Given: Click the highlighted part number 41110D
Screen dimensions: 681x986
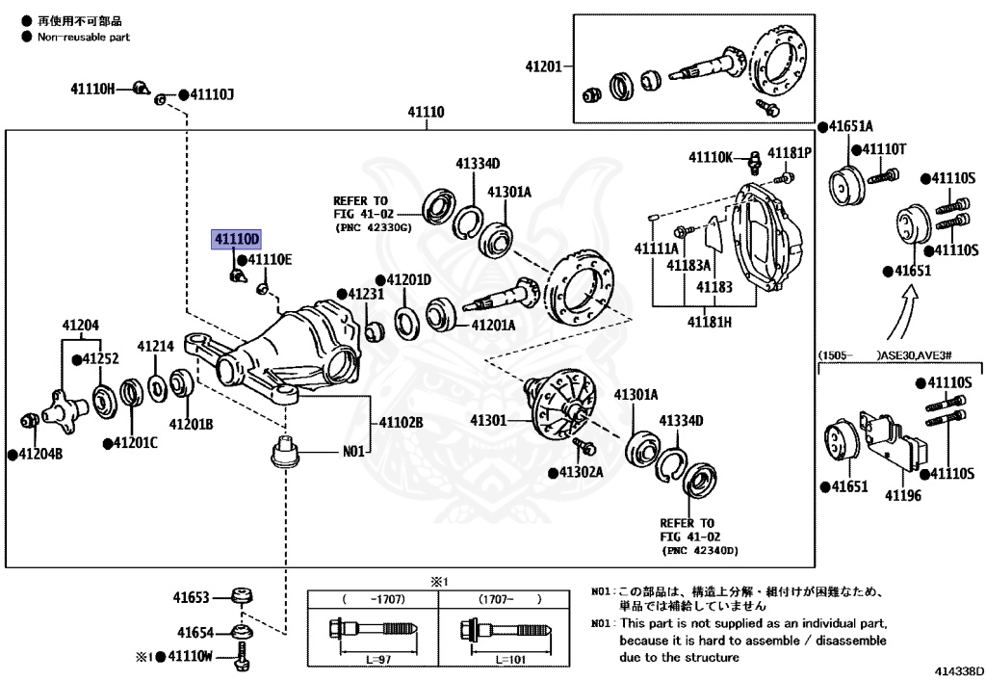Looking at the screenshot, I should (x=237, y=239).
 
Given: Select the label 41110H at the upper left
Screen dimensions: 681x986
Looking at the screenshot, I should (x=92, y=89).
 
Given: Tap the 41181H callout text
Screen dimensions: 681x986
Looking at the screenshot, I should (x=709, y=321).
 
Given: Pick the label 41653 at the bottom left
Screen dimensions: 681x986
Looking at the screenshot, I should (x=192, y=597).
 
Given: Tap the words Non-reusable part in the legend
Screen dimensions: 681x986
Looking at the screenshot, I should (x=84, y=37).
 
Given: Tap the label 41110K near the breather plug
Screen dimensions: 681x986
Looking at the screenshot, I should (x=711, y=156).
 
